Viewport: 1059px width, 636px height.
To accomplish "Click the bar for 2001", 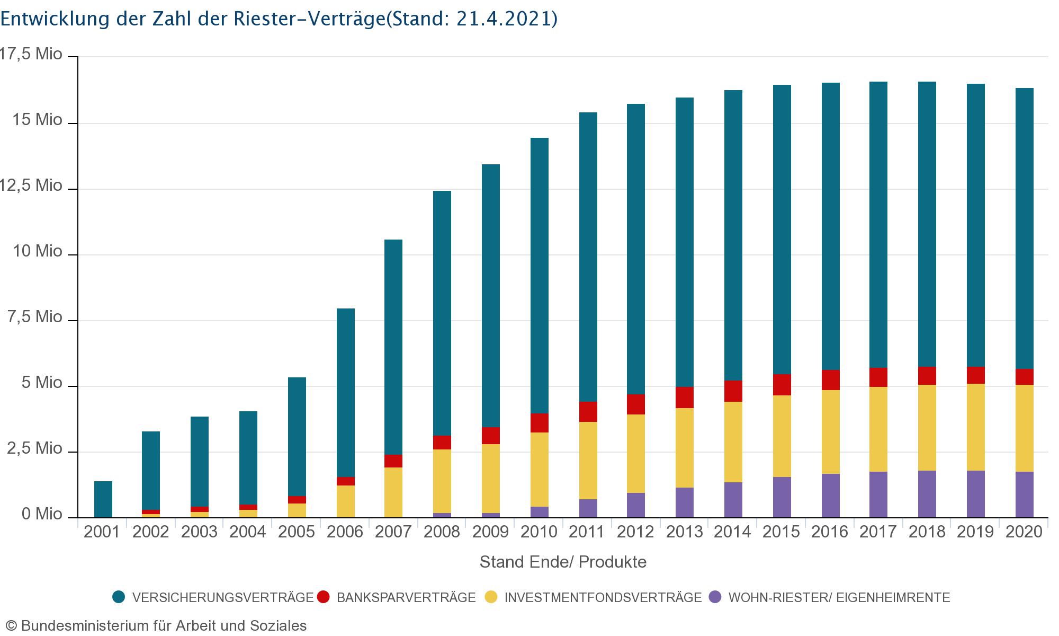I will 103,499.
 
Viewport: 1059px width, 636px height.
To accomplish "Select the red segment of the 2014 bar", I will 733,391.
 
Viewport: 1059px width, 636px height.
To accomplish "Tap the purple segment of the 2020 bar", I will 1025,494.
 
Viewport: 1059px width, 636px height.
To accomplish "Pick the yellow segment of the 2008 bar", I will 442,481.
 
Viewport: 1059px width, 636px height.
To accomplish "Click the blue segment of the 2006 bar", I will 346,393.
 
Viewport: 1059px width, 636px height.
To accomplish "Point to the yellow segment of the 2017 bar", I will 878,429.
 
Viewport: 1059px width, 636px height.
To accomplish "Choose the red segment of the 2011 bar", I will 588,412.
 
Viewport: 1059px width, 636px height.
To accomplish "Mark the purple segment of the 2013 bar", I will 685,502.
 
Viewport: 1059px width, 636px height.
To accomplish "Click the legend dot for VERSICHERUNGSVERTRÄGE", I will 119,597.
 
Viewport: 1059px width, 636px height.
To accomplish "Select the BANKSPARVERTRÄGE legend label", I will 406,598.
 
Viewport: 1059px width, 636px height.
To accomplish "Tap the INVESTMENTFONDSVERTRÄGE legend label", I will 603,598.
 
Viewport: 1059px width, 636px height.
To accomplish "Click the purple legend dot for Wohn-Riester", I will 715,597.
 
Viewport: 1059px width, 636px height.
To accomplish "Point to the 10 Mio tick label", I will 38,251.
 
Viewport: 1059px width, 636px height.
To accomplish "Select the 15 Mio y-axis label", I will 38,120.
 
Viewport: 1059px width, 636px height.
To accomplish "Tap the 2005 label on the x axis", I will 297,532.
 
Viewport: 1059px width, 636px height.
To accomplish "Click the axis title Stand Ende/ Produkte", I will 563,562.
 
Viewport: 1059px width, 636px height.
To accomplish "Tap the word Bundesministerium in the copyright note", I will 81,626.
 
